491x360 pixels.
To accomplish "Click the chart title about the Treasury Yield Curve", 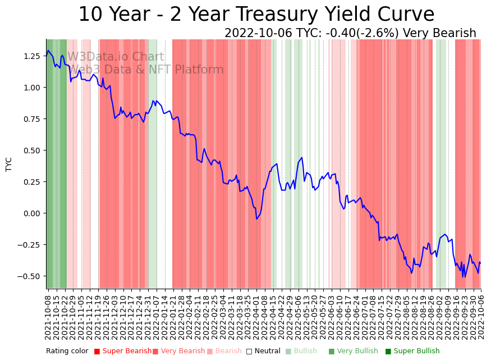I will coord(256,15).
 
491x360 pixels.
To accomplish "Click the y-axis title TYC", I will coord(8,164).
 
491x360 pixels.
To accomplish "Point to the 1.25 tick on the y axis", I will coord(32,56).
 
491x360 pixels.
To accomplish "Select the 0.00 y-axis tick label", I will coord(32,213).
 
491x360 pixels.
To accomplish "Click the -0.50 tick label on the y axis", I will coord(30,276).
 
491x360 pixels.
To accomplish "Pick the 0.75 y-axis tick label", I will coord(32,119).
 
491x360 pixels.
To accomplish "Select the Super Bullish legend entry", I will coord(416,352).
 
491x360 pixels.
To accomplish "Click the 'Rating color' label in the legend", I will coord(67,352).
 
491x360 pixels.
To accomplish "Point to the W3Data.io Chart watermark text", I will coord(116,57).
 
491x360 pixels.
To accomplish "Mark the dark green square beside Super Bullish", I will coord(388,352).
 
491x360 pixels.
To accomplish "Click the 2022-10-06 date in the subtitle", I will coord(258,33).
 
